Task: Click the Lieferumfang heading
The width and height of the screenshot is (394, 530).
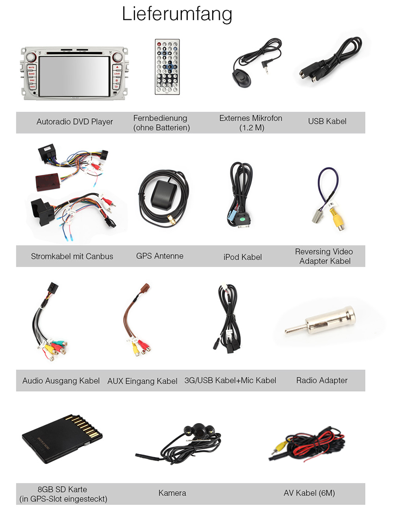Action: [x=177, y=14]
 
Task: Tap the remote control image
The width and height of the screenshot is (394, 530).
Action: [x=167, y=66]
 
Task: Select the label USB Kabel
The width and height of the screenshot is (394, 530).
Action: [x=327, y=121]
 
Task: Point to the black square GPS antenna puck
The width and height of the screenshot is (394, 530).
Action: [x=164, y=196]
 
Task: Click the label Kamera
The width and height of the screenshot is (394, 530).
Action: [x=172, y=493]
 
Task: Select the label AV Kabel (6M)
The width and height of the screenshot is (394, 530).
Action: [x=309, y=493]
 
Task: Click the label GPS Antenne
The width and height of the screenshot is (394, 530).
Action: [x=160, y=256]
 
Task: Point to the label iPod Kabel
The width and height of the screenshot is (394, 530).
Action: [x=242, y=257]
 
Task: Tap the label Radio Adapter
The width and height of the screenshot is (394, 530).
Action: [x=322, y=380]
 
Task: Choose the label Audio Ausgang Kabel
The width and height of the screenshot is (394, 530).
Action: [x=61, y=381]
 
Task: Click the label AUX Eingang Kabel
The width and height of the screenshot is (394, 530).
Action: [x=142, y=381]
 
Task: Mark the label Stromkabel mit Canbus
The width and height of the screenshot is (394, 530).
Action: [x=72, y=256]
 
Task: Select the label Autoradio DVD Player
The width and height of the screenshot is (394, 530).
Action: [x=75, y=121]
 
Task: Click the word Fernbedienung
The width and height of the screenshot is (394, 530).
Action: [x=160, y=118]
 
